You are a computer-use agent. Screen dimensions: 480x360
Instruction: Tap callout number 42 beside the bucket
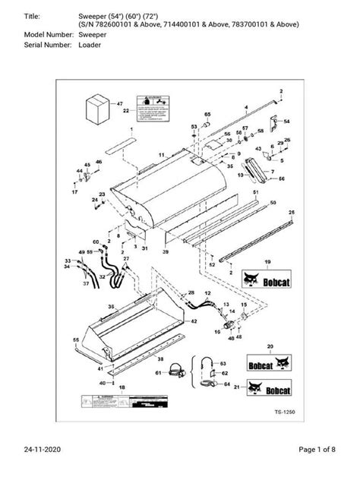pos(194,322)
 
